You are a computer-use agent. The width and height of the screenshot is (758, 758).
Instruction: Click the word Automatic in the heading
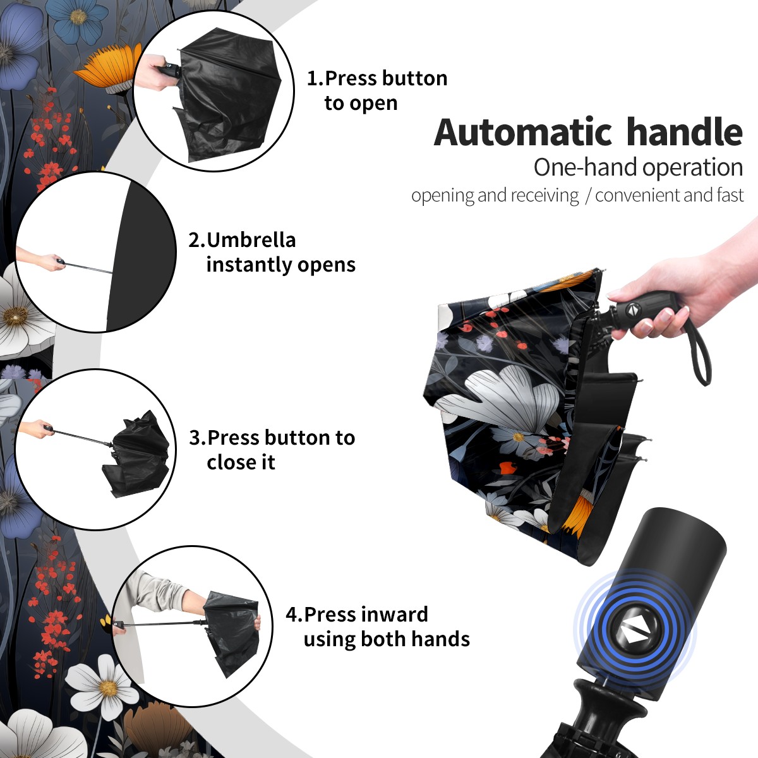(523, 133)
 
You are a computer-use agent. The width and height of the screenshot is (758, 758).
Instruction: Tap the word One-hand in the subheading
(586, 167)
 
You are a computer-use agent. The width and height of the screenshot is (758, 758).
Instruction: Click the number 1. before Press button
(315, 78)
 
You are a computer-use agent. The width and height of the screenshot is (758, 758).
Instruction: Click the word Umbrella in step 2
(251, 240)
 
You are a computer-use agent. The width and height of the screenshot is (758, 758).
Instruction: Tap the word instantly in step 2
(249, 264)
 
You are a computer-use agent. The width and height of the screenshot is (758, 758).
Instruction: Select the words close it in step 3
(241, 462)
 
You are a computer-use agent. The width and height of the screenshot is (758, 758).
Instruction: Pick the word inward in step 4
(394, 615)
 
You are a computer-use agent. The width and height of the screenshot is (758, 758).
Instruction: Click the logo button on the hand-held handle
(632, 310)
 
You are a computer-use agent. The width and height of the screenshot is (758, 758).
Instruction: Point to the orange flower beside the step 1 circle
(108, 68)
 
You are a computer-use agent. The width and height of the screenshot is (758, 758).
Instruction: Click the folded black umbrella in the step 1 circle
(228, 94)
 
